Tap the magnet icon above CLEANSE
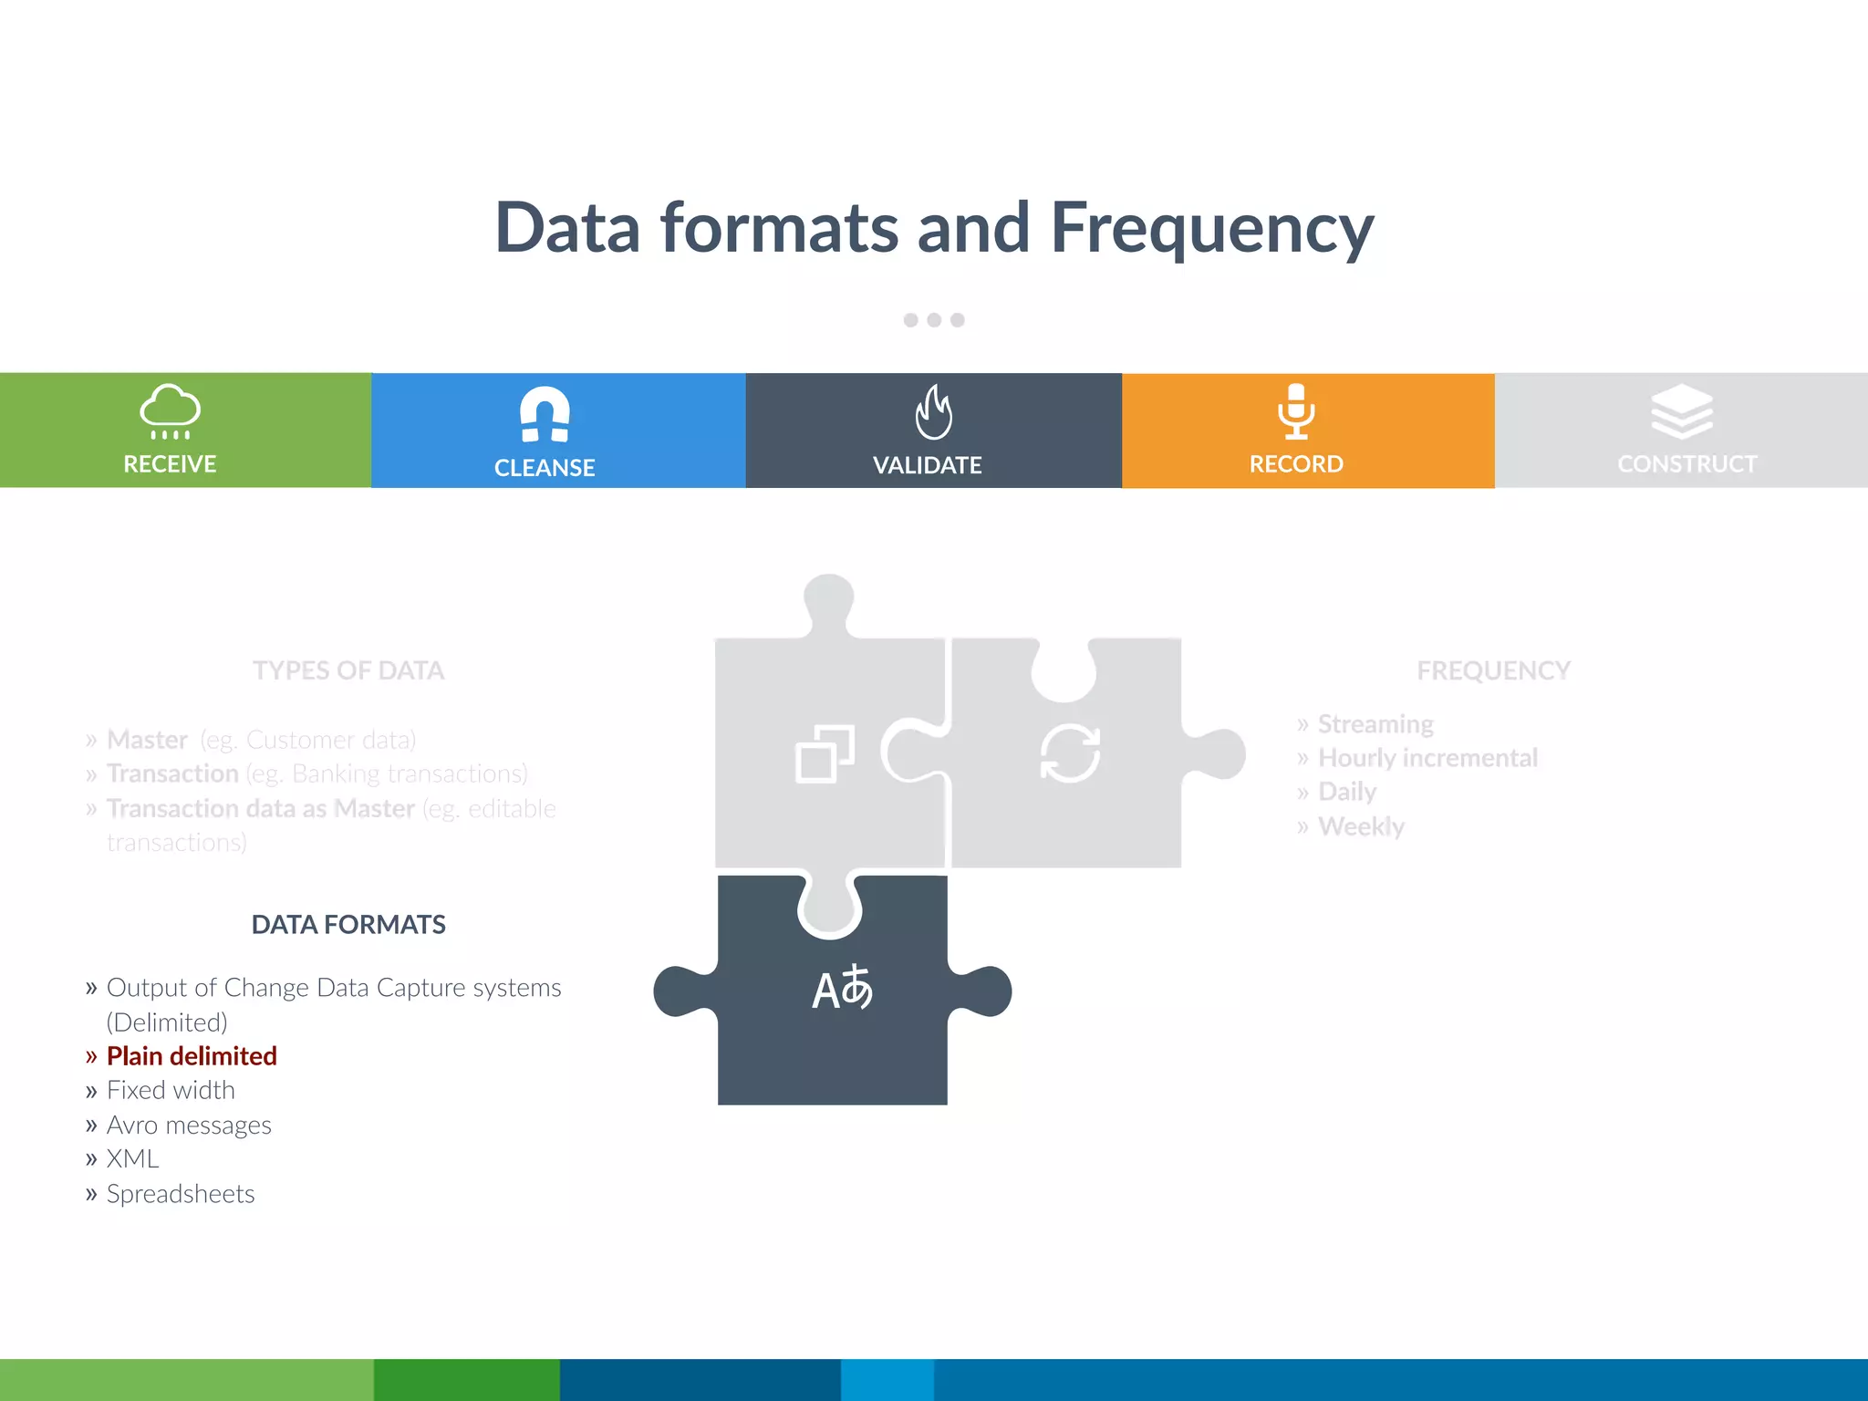tap(545, 414)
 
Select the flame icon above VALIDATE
tap(933, 412)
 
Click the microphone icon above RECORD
tap(1296, 411)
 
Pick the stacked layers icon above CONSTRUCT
tap(1682, 411)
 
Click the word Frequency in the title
tap(1212, 228)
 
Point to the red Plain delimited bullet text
tap(192, 1056)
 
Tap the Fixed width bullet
tap(171, 1091)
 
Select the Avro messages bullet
tap(189, 1126)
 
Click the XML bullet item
tap(133, 1159)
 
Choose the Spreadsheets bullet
tap(181, 1194)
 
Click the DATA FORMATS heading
tap(348, 925)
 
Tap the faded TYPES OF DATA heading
tap(348, 671)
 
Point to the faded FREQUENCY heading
tap(1493, 671)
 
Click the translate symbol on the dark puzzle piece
tap(842, 989)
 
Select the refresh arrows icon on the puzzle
tap(1070, 753)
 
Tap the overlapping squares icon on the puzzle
tap(825, 754)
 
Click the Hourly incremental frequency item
tap(1427, 758)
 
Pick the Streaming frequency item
tap(1375, 724)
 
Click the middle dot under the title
tap(934, 320)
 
